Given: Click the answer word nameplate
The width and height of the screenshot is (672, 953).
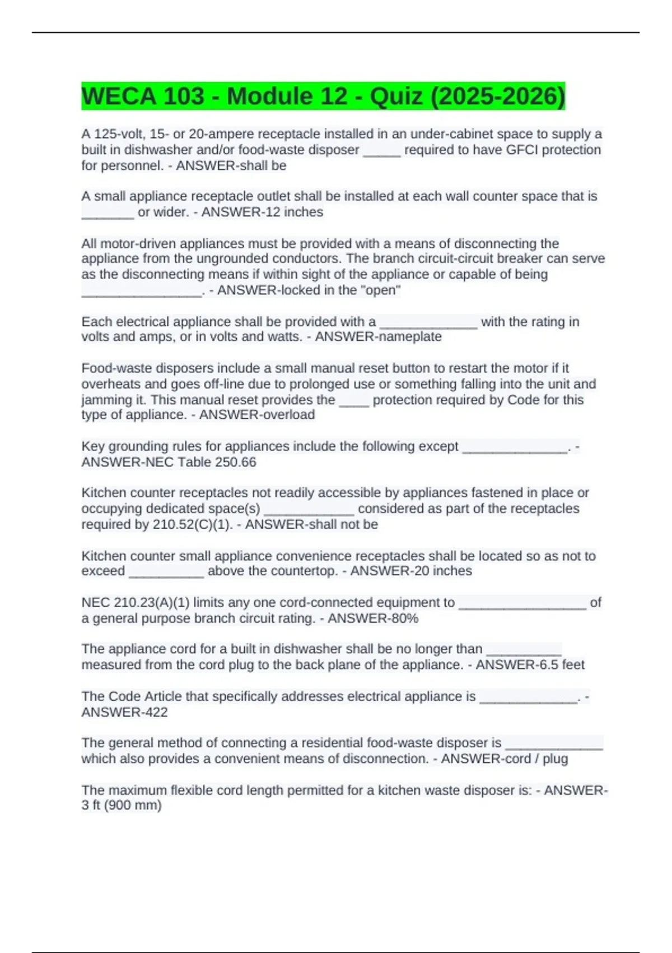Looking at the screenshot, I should [407, 336].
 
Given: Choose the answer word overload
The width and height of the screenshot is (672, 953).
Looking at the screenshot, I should [285, 414].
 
